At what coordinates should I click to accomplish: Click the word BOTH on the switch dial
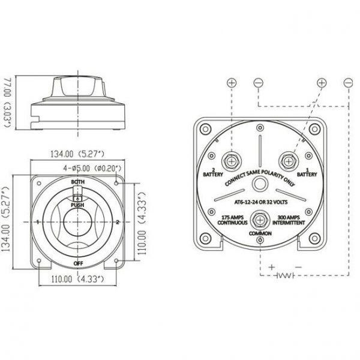pyautogui.click(x=77, y=181)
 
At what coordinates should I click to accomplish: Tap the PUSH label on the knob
pyautogui.click(x=77, y=205)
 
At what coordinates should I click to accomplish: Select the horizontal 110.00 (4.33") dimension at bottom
pyautogui.click(x=77, y=280)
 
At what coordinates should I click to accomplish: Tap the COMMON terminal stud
pyautogui.click(x=260, y=218)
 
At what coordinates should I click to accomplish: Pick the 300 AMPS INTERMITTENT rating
pyautogui.click(x=290, y=219)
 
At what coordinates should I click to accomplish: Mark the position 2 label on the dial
pyautogui.click(x=118, y=222)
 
